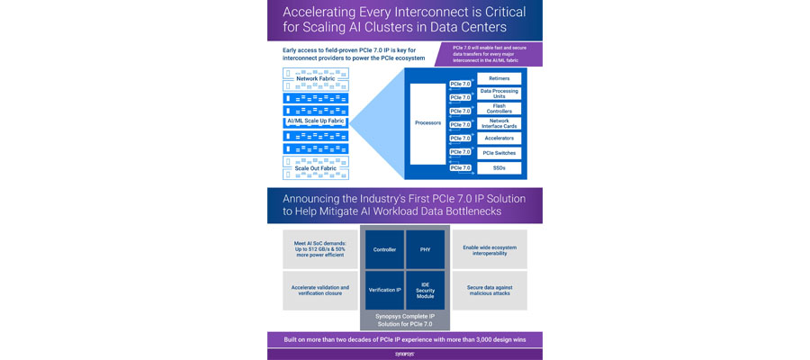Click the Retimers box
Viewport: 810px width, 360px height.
pos(499,79)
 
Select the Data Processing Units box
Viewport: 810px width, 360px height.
pos(499,94)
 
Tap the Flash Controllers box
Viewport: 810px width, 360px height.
pos(499,109)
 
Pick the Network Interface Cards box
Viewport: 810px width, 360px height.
pos(499,123)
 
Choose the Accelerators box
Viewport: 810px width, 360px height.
pos(499,139)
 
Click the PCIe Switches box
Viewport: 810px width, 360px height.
pos(499,153)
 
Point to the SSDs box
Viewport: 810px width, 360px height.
pos(499,167)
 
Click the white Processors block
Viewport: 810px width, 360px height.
pos(428,123)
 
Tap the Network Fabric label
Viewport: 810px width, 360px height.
pos(309,79)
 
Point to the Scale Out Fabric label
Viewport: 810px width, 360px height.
pos(309,168)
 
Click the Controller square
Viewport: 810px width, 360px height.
pos(384,249)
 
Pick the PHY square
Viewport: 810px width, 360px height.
pos(425,249)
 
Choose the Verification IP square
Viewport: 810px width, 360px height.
pos(384,291)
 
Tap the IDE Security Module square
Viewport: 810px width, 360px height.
pos(425,291)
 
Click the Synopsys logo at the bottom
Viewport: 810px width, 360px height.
pos(404,355)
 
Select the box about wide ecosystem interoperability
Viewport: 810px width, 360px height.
pos(490,249)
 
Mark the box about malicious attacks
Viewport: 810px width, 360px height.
pos(490,291)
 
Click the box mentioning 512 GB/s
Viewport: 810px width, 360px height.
pos(320,249)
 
